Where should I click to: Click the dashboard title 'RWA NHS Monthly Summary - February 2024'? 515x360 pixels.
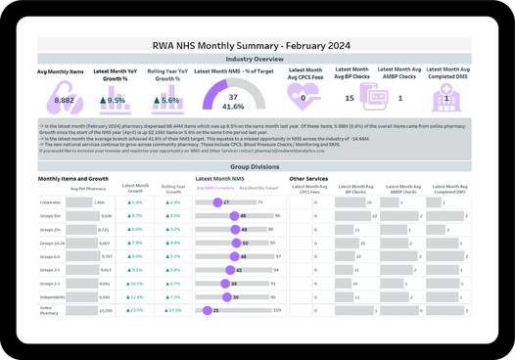coord(257,45)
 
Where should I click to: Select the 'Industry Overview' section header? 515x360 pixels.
coord(257,59)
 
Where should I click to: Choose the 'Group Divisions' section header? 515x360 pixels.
coord(257,167)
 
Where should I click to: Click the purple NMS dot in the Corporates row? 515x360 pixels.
coord(216,202)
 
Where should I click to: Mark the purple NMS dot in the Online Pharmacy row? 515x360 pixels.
coord(207,310)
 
